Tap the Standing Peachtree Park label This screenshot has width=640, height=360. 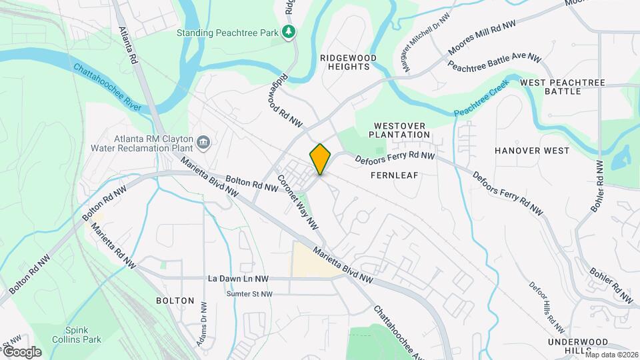click(x=228, y=32)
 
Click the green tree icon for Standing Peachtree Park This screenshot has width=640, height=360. click(x=289, y=32)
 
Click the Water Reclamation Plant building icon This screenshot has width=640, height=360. click(x=204, y=141)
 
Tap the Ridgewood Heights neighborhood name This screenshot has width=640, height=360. click(x=348, y=63)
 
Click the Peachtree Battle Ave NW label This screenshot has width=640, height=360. click(x=494, y=62)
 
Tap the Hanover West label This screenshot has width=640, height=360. click(x=532, y=151)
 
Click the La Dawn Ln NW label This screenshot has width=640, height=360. click(x=239, y=279)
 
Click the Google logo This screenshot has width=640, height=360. click(x=22, y=351)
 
